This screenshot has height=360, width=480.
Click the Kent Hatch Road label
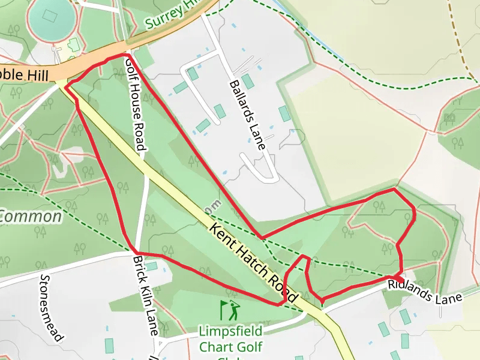coord(254,263)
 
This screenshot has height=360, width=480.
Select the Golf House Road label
coord(136,103)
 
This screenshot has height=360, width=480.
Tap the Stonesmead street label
coord(52,307)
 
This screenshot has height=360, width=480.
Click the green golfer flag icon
coord(230,311)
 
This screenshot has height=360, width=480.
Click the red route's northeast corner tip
coord(394,190)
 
